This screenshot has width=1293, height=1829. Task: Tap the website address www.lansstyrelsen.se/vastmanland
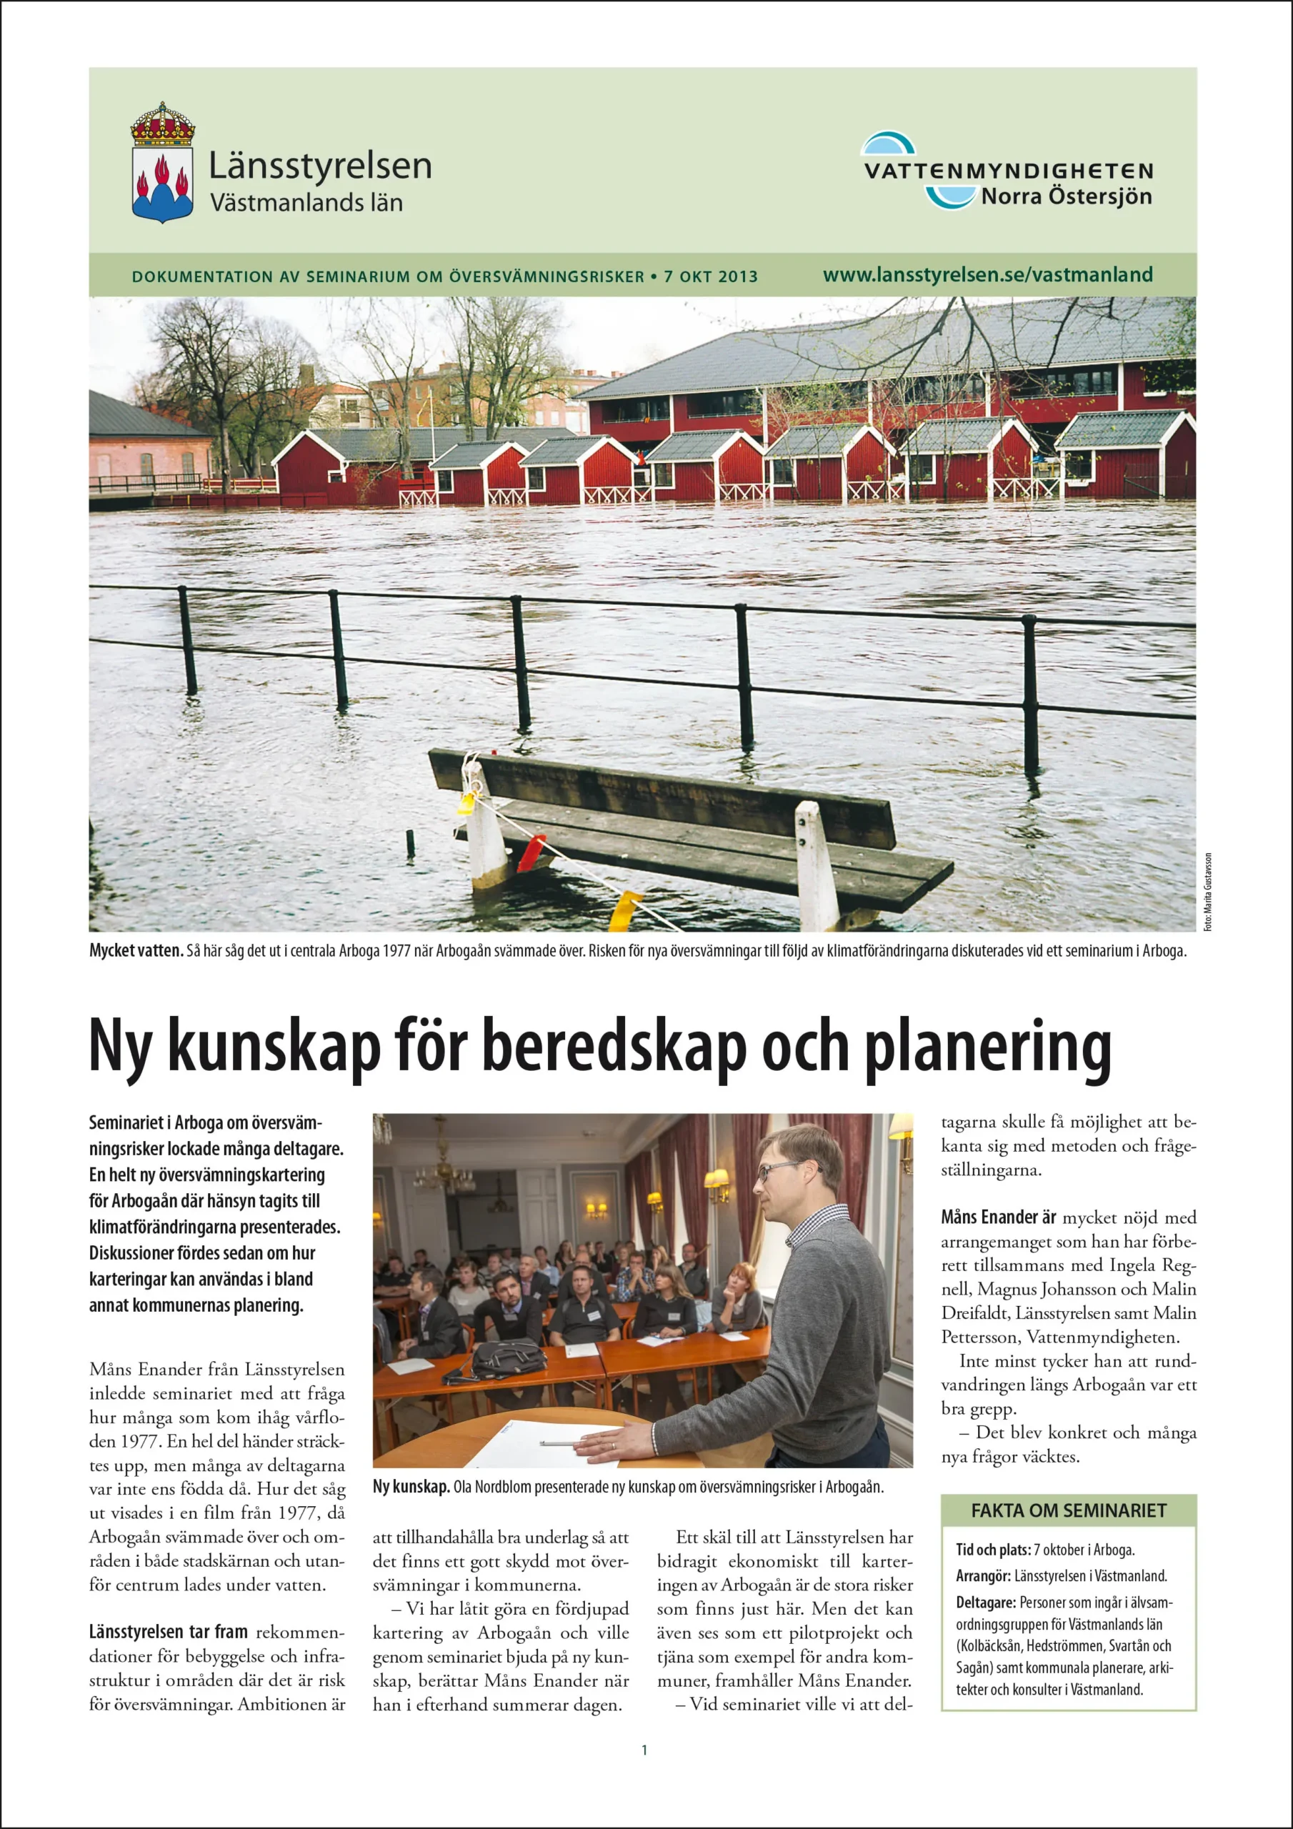click(987, 275)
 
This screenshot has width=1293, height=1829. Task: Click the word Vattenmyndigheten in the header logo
click(1009, 171)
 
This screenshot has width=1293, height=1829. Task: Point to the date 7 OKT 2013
click(711, 277)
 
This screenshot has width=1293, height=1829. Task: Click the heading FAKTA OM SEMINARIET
click(1069, 1510)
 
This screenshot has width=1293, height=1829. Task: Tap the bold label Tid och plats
click(993, 1550)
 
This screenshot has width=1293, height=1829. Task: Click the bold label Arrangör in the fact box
click(983, 1575)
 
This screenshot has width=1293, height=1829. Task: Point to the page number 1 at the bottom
click(644, 1750)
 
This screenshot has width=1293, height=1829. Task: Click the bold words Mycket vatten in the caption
click(136, 951)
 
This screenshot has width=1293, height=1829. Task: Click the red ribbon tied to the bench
click(531, 852)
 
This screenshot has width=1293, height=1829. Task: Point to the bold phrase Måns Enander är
click(998, 1217)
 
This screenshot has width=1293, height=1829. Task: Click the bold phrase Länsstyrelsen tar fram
click(168, 1609)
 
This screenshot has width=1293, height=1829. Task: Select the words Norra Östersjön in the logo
click(1066, 196)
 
